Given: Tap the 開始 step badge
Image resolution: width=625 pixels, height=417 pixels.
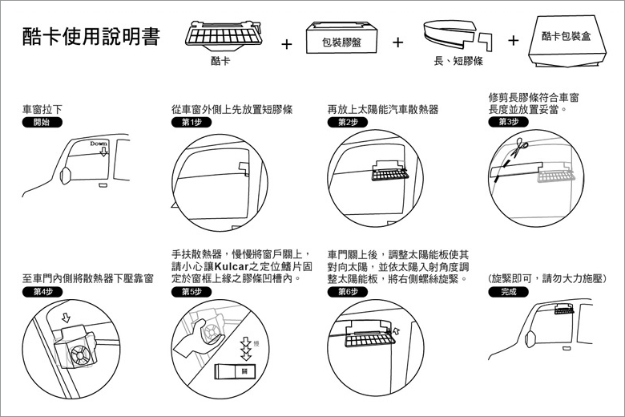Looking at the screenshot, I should click(40, 123).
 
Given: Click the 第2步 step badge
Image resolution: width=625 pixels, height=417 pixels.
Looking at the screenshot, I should click(346, 122).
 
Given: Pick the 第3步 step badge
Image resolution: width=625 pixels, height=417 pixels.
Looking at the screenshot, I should click(507, 122).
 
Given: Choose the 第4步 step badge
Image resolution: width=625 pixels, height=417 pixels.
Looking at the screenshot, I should click(41, 292).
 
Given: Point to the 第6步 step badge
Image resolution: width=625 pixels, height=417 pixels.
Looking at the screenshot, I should click(346, 292).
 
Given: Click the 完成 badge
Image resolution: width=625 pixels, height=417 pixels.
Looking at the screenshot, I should click(508, 292).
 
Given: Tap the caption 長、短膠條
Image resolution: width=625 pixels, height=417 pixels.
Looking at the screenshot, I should click(454, 60).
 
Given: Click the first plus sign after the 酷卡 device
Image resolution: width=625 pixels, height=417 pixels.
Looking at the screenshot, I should click(286, 43).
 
